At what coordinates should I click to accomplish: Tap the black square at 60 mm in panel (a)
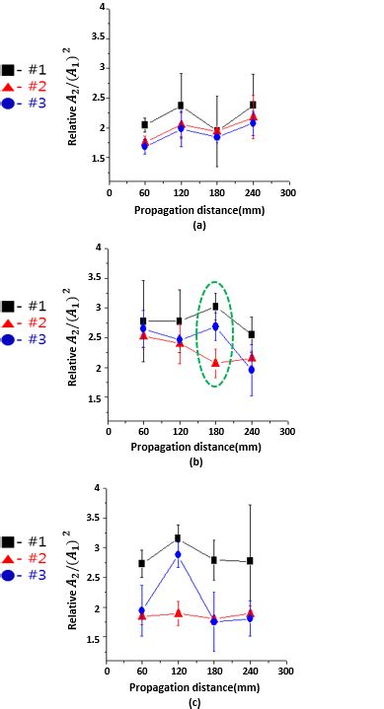coord(145,125)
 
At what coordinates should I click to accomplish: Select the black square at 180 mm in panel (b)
coord(216,307)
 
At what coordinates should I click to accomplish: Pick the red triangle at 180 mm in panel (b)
coord(216,363)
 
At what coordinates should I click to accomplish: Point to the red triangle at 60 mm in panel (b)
coord(145,335)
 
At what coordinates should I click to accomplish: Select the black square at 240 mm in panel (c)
coord(253,561)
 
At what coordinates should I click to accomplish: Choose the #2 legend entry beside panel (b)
coord(22,323)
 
